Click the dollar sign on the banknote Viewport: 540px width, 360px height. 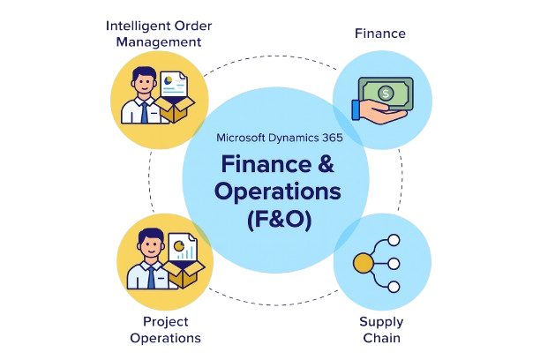pos(386,91)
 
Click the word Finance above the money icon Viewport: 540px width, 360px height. pos(380,34)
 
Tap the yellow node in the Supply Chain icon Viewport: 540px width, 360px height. pos(363,263)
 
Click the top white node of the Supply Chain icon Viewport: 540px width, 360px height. pos(394,240)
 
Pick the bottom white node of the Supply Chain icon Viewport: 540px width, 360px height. pos(394,286)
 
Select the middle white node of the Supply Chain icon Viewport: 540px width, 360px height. pos(394,263)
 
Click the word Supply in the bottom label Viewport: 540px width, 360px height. pos(381,321)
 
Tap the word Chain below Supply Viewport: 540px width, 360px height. pos(381,338)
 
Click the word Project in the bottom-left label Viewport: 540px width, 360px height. pos(165,321)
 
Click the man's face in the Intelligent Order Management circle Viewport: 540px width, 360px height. pos(143,81)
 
